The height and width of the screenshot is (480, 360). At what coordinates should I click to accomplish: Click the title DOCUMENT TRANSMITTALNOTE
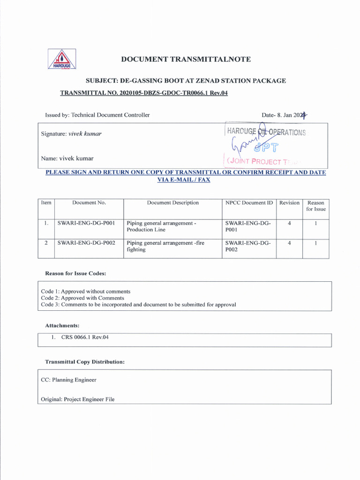click(186, 59)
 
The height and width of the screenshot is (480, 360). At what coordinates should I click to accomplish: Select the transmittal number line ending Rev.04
click(144, 93)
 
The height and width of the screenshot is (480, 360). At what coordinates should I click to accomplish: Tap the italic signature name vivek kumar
click(85, 134)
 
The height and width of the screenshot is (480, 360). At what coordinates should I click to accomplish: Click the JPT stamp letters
click(266, 149)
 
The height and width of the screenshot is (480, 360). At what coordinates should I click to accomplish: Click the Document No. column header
click(89, 203)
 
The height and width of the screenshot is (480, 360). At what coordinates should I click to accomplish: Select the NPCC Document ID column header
click(249, 203)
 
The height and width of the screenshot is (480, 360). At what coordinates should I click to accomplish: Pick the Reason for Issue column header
click(315, 206)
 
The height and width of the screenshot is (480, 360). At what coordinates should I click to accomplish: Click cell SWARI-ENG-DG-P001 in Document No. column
click(86, 223)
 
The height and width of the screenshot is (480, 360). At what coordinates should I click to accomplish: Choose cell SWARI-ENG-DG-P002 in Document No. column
click(86, 243)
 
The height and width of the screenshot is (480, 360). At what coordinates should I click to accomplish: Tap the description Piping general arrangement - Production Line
click(161, 226)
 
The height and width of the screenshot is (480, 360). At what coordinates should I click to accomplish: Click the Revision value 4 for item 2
click(289, 243)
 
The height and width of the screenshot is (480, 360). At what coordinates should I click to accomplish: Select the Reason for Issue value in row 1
click(315, 223)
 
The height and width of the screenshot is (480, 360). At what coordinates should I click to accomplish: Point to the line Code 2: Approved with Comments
click(82, 298)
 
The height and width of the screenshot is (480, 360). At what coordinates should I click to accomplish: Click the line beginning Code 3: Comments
click(138, 304)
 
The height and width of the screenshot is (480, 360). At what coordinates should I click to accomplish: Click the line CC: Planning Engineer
click(68, 380)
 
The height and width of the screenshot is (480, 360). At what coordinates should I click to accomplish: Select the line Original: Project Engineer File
click(77, 399)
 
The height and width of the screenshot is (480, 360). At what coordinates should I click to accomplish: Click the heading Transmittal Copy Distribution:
click(84, 362)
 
